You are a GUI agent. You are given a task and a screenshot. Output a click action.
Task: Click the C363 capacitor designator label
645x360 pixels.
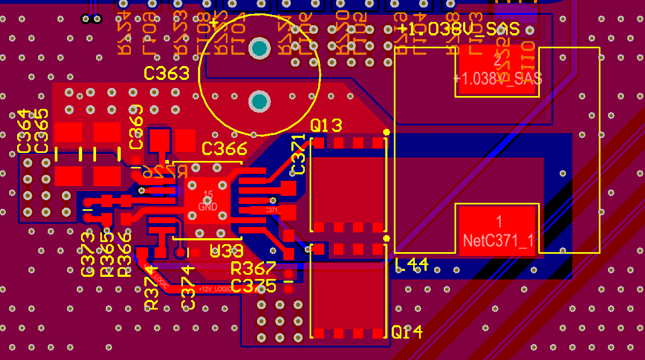(166, 74)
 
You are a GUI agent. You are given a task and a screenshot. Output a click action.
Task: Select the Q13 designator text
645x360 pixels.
(326, 126)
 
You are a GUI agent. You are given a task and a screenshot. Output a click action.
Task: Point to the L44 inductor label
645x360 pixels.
(411, 265)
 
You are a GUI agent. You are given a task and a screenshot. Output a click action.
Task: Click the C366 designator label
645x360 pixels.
(224, 149)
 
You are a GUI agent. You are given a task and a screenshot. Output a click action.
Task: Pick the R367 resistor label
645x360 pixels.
(253, 268)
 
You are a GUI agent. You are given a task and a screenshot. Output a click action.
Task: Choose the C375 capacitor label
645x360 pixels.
(253, 285)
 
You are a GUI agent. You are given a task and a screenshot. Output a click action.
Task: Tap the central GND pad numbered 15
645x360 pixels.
(208, 201)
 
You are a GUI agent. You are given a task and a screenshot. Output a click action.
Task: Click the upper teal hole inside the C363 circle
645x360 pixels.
(260, 48)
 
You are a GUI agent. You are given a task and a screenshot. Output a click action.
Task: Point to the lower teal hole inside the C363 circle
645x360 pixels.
(260, 101)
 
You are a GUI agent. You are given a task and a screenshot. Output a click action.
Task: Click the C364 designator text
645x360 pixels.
(25, 131)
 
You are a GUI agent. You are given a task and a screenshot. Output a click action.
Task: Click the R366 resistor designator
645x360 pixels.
(124, 254)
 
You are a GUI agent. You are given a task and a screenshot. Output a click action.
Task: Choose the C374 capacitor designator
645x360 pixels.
(188, 287)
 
